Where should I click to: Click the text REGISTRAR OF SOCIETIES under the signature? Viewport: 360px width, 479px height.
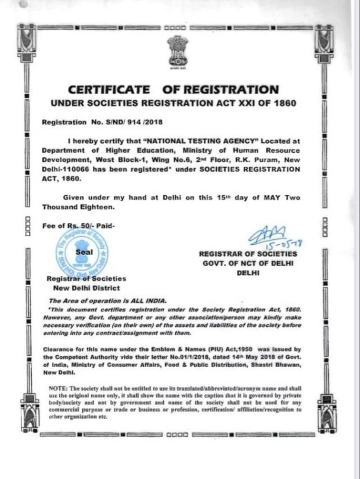pos(248,253)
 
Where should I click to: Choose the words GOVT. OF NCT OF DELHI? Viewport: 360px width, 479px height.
pos(248,263)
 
